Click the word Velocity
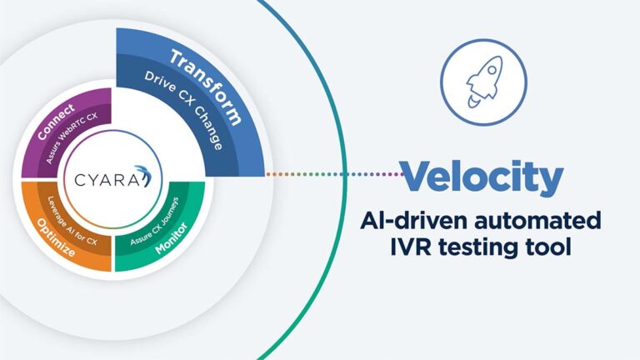click(482, 177)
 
